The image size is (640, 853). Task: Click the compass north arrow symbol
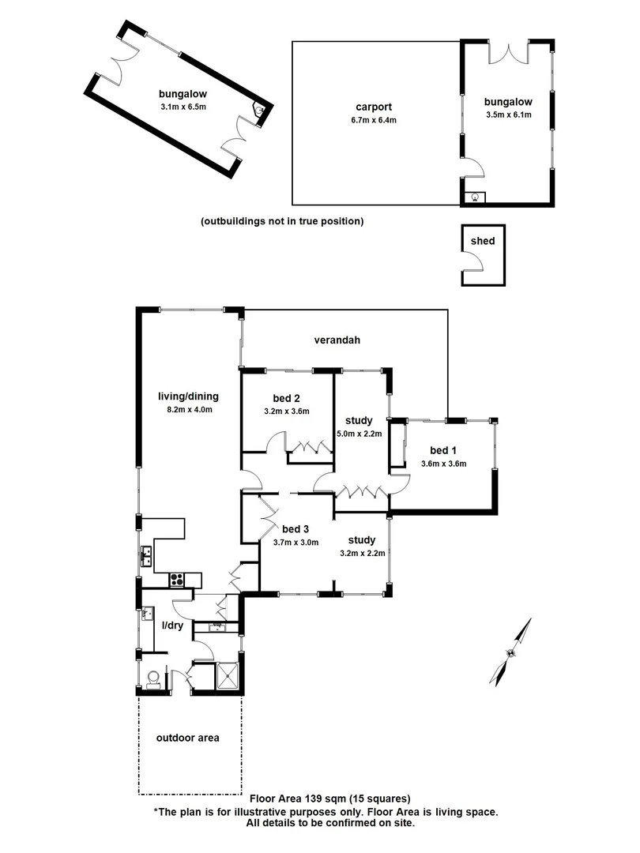tap(511, 652)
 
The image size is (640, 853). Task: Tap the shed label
tap(482, 241)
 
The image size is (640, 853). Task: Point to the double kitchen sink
tap(147, 556)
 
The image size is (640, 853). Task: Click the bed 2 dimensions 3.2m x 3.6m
tap(285, 411)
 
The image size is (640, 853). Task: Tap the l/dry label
tap(174, 625)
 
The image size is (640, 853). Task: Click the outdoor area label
tap(188, 738)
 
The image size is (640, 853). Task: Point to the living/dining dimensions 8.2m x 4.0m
tap(188, 409)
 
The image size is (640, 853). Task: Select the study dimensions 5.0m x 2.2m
tap(360, 434)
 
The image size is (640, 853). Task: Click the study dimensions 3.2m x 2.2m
tap(361, 553)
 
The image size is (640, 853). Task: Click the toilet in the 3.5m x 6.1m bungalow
tap(475, 198)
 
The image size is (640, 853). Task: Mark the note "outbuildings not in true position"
tap(282, 221)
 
